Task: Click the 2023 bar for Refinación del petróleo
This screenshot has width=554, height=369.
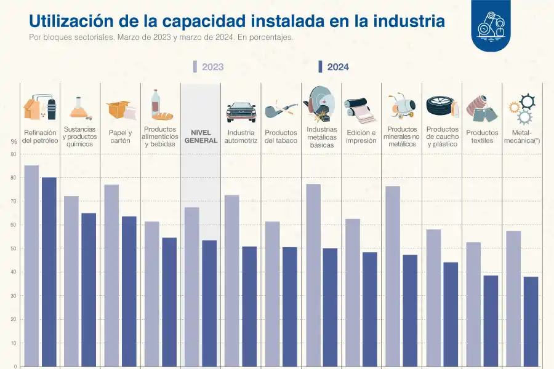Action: point(31,266)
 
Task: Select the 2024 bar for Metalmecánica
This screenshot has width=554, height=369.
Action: point(531,321)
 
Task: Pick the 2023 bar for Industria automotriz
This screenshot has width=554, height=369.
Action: point(231,280)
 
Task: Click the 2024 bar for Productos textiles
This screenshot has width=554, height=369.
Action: point(491,320)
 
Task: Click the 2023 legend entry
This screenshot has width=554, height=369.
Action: point(209,67)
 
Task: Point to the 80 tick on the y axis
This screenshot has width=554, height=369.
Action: point(13,178)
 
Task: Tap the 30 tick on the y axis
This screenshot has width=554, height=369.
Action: point(13,296)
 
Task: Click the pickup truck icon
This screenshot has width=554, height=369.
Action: point(241,111)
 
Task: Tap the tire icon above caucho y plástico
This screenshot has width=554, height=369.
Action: point(441,106)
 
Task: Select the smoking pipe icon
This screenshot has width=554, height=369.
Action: point(280,109)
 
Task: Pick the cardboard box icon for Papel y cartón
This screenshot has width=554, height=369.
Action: point(120,109)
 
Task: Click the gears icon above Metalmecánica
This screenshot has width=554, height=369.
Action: point(521,109)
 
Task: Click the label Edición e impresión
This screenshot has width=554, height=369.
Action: point(361,137)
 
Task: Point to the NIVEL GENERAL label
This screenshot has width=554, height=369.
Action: point(201,137)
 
